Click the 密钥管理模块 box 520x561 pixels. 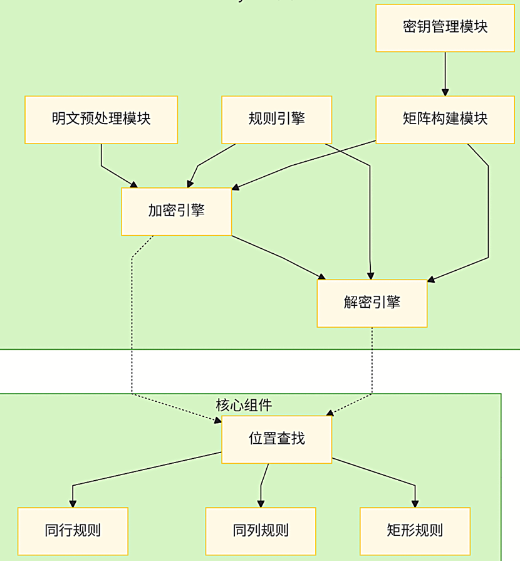click(445, 28)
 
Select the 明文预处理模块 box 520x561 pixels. click(101, 119)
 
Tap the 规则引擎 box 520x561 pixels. click(276, 119)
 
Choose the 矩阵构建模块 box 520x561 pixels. click(445, 119)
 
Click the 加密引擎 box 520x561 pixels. click(176, 211)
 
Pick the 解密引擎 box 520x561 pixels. click(372, 303)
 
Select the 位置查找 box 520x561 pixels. click(276, 439)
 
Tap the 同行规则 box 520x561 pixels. click(73, 531)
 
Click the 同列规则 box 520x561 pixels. click(261, 531)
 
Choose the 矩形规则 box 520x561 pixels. click(415, 531)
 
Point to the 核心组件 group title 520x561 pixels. click(244, 405)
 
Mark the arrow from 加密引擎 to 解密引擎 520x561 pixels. click(279, 257)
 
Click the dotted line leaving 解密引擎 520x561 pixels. click(372, 364)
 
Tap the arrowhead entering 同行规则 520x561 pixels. click(73, 503)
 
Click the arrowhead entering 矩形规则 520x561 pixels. click(415, 503)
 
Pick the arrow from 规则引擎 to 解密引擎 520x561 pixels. click(370, 213)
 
